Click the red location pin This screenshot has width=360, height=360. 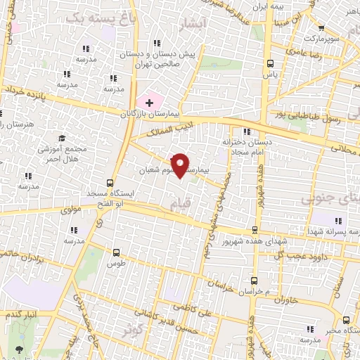(181, 165)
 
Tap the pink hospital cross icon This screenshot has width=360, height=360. (149, 103)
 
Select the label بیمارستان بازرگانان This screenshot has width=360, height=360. (150, 113)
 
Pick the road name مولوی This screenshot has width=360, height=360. (72, 209)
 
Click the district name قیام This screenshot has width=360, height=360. (179, 203)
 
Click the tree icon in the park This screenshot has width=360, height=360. (17, 349)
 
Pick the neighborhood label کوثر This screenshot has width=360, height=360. (133, 328)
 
